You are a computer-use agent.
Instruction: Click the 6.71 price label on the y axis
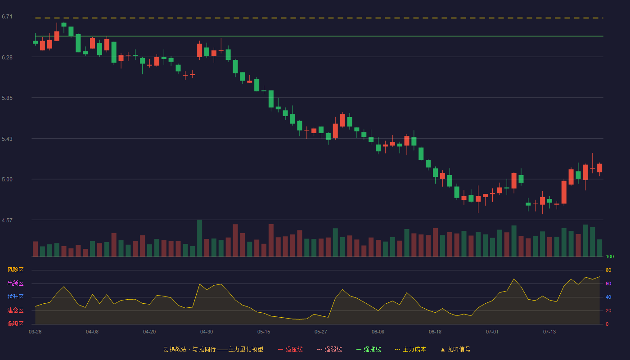(7, 17)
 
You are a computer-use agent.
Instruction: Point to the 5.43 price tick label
(7, 139)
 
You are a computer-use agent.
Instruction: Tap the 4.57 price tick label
(7, 220)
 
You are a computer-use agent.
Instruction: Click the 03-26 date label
(35, 332)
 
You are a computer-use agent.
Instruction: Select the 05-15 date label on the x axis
(264, 332)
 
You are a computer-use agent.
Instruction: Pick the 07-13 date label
(549, 332)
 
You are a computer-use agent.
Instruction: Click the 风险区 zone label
(15, 270)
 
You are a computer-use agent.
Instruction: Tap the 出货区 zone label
(15, 283)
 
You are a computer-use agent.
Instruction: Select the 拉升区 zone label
(15, 297)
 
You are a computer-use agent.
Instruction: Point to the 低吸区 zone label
(15, 324)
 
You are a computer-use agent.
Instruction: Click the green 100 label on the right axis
(610, 256)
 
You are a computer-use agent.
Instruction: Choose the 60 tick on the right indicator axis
(608, 283)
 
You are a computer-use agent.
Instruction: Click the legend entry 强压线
(291, 349)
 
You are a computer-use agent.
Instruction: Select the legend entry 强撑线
(369, 349)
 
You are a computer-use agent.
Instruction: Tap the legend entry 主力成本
(410, 349)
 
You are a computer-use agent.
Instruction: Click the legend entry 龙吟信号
(455, 349)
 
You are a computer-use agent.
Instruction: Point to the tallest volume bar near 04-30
(200, 238)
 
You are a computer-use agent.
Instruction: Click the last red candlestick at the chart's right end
(599, 168)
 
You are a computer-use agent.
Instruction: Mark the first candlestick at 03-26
(35, 42)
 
